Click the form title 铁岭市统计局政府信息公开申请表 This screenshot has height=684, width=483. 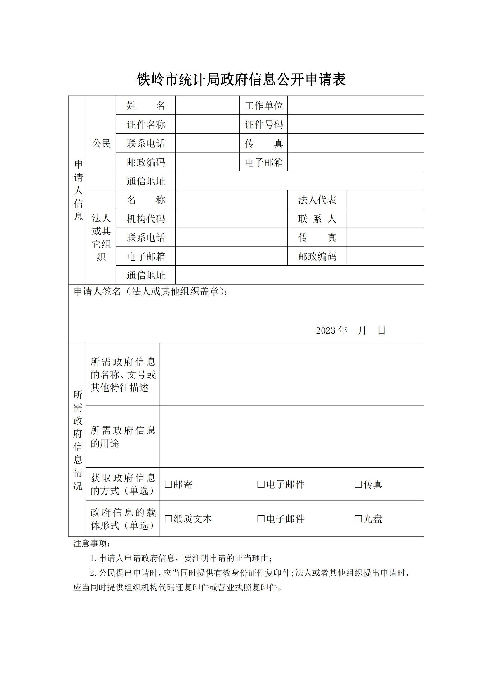pyautogui.click(x=241, y=80)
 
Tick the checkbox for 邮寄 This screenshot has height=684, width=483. pyautogui.click(x=168, y=484)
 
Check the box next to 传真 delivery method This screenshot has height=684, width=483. pyautogui.click(x=358, y=484)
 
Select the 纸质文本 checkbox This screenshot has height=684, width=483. pyautogui.click(x=168, y=519)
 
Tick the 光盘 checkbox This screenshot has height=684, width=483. pyautogui.click(x=358, y=519)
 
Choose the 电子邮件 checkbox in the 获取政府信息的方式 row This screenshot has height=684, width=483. pyautogui.click(x=261, y=484)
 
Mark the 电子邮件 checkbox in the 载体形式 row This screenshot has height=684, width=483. pyautogui.click(x=261, y=519)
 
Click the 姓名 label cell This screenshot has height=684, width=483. pyautogui.click(x=146, y=106)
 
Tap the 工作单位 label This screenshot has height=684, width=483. pyautogui.click(x=263, y=106)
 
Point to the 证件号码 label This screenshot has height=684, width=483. pyautogui.click(x=263, y=125)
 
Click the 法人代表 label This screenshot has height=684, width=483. pyautogui.click(x=317, y=200)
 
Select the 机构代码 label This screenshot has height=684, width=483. pyautogui.click(x=146, y=219)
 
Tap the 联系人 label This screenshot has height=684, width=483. pyautogui.click(x=317, y=219)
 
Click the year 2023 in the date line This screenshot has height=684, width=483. pyautogui.click(x=326, y=330)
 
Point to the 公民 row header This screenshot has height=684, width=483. pyautogui.click(x=101, y=143)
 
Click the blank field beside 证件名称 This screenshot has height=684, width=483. pyautogui.click(x=207, y=124)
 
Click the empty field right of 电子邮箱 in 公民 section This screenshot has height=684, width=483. pyautogui.click(x=355, y=162)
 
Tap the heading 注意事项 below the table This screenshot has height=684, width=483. pyautogui.click(x=92, y=543)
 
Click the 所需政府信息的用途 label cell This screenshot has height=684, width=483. pyautogui.click(x=123, y=436)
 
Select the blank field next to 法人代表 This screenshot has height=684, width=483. pyautogui.click(x=385, y=200)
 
